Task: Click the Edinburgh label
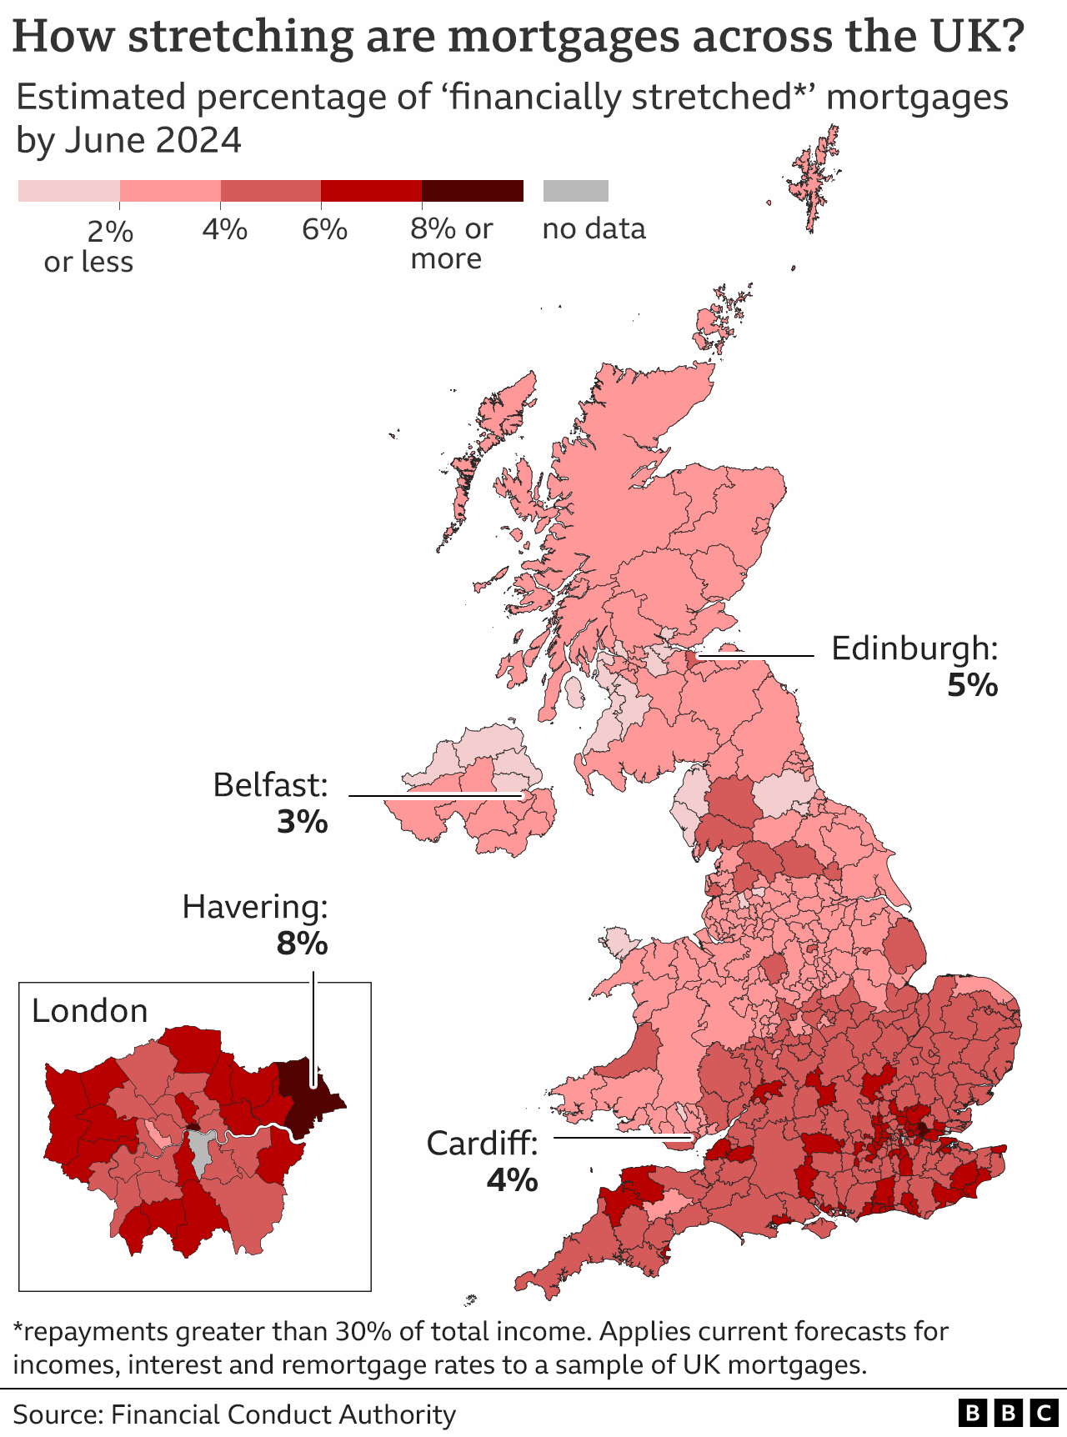(914, 648)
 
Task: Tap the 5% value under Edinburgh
(972, 685)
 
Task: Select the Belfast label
(270, 785)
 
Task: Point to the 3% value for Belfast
(302, 823)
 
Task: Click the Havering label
(255, 907)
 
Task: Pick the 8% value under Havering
(302, 944)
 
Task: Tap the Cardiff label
(482, 1144)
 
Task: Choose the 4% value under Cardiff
(512, 1180)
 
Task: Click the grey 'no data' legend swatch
(575, 191)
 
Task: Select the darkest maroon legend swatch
(472, 191)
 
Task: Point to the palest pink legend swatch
(68, 191)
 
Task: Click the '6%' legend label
(324, 228)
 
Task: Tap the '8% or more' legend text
(451, 243)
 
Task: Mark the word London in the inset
(90, 1011)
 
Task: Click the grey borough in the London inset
(199, 1150)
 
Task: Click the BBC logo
(1007, 1414)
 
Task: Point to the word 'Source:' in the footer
(57, 1414)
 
